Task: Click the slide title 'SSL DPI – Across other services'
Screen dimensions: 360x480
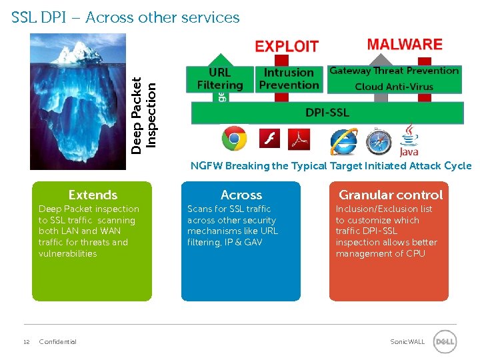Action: (x=125, y=18)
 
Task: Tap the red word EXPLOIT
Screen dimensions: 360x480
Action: (x=287, y=46)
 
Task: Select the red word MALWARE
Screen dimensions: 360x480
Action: (x=405, y=45)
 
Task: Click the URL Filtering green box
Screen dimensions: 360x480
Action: (x=219, y=79)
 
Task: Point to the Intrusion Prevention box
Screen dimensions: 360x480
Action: (x=289, y=79)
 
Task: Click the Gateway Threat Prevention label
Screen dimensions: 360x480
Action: (x=394, y=71)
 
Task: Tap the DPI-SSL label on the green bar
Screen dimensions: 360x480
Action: (x=327, y=113)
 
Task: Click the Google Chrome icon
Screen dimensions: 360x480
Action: (x=234, y=139)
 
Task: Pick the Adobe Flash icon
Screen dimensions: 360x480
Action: (x=269, y=139)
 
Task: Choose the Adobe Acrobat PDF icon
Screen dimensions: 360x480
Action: (x=299, y=139)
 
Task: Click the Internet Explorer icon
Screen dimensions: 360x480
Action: (x=343, y=141)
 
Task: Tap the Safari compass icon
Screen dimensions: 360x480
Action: (x=378, y=141)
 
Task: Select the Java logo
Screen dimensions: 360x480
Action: (x=409, y=142)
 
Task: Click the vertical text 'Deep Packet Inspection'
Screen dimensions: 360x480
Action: (x=144, y=115)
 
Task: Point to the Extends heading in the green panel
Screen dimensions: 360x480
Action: (x=93, y=195)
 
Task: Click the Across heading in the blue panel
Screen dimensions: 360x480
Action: (x=241, y=195)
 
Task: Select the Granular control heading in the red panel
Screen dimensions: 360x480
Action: (x=390, y=195)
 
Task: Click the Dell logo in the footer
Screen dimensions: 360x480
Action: (x=445, y=342)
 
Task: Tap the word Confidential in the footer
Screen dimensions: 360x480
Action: (x=58, y=342)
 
